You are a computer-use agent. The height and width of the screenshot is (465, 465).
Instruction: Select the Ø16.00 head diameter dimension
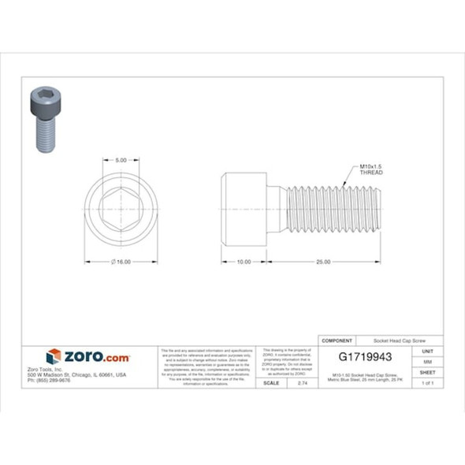tap(121, 262)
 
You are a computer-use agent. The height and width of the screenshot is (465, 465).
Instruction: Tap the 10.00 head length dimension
tap(244, 262)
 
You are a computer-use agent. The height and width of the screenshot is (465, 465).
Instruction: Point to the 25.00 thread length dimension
tap(322, 262)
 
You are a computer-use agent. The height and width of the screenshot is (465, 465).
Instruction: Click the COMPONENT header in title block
tap(337, 340)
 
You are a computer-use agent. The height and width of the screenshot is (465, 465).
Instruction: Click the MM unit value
tap(427, 361)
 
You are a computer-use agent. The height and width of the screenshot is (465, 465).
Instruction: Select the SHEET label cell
tap(427, 371)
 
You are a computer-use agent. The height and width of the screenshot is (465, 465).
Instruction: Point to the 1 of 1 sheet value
tap(427, 382)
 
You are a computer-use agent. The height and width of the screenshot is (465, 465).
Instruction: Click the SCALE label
tap(271, 382)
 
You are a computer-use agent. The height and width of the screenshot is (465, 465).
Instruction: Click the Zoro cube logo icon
tap(54, 357)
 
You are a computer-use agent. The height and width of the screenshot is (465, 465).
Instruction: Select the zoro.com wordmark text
tap(96, 358)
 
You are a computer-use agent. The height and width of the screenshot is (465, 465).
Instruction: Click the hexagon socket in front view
tap(121, 210)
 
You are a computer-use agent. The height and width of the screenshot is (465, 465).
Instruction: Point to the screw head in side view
tap(244, 210)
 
